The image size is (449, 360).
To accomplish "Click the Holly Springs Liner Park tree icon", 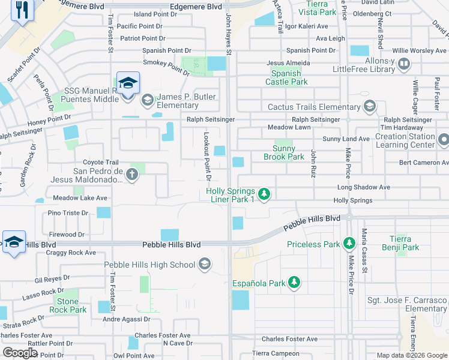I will (x=264, y=194).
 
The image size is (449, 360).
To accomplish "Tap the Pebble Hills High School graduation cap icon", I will (x=205, y=265).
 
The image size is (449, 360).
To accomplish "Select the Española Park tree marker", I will (x=294, y=283).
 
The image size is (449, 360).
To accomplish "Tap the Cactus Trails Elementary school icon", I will (x=370, y=107).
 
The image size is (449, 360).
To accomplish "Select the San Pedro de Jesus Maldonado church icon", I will (x=132, y=175).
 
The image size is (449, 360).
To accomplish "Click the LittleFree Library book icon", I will (x=404, y=63).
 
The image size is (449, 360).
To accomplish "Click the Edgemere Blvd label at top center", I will (x=196, y=7).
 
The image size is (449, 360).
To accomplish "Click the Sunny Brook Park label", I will (x=284, y=153).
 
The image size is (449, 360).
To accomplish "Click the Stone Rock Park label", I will (x=71, y=305).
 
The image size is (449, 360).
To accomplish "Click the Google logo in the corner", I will (x=20, y=353).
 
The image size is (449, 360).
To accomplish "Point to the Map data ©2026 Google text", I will (x=411, y=355).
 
